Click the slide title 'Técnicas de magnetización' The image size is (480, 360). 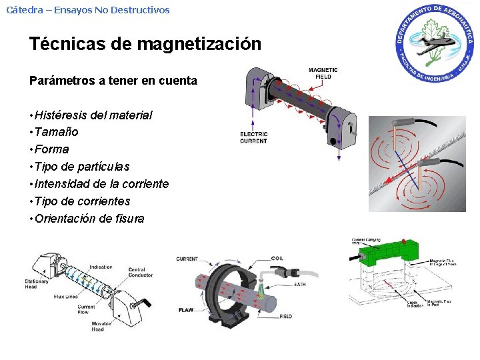pyautogui.click(x=145, y=45)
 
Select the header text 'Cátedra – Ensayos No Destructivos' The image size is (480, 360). pyautogui.click(x=88, y=10)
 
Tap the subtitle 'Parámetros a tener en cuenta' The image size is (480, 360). pyautogui.click(x=113, y=81)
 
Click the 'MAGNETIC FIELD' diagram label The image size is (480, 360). pyautogui.click(x=323, y=73)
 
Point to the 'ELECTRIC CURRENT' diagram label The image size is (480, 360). pyautogui.click(x=253, y=137)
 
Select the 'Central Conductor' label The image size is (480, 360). pyautogui.click(x=141, y=272)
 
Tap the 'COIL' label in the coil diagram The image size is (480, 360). pyautogui.click(x=277, y=258)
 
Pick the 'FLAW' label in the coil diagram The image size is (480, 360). pyautogui.click(x=185, y=310)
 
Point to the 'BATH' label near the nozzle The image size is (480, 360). pyautogui.click(x=300, y=285)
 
